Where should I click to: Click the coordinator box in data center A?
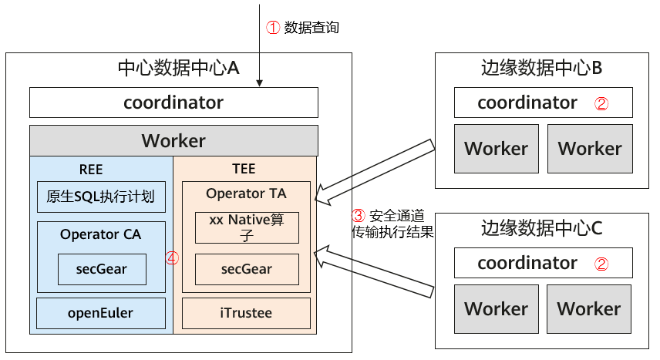pyautogui.click(x=173, y=103)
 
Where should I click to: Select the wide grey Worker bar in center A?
pyautogui.click(x=173, y=141)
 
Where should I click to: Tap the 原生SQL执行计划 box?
pyautogui.click(x=101, y=197)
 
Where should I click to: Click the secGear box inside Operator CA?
pyautogui.click(x=101, y=269)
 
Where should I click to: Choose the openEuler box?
pyautogui.click(x=101, y=313)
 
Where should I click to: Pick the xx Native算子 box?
pyautogui.click(x=247, y=227)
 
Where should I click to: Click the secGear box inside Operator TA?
pyautogui.click(x=247, y=269)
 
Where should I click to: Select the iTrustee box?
pyautogui.click(x=247, y=313)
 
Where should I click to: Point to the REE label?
pyautogui.click(x=91, y=169)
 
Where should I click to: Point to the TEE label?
pyautogui.click(x=244, y=169)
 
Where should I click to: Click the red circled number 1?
pyautogui.click(x=272, y=27)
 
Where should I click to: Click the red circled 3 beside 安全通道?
pyautogui.click(x=358, y=215)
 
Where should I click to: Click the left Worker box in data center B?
pyautogui.click(x=497, y=148)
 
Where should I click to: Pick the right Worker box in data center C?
pyautogui.click(x=590, y=308)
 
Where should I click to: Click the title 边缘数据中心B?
pyautogui.click(x=540, y=68)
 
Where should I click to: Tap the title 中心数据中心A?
pyautogui.click(x=178, y=68)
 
